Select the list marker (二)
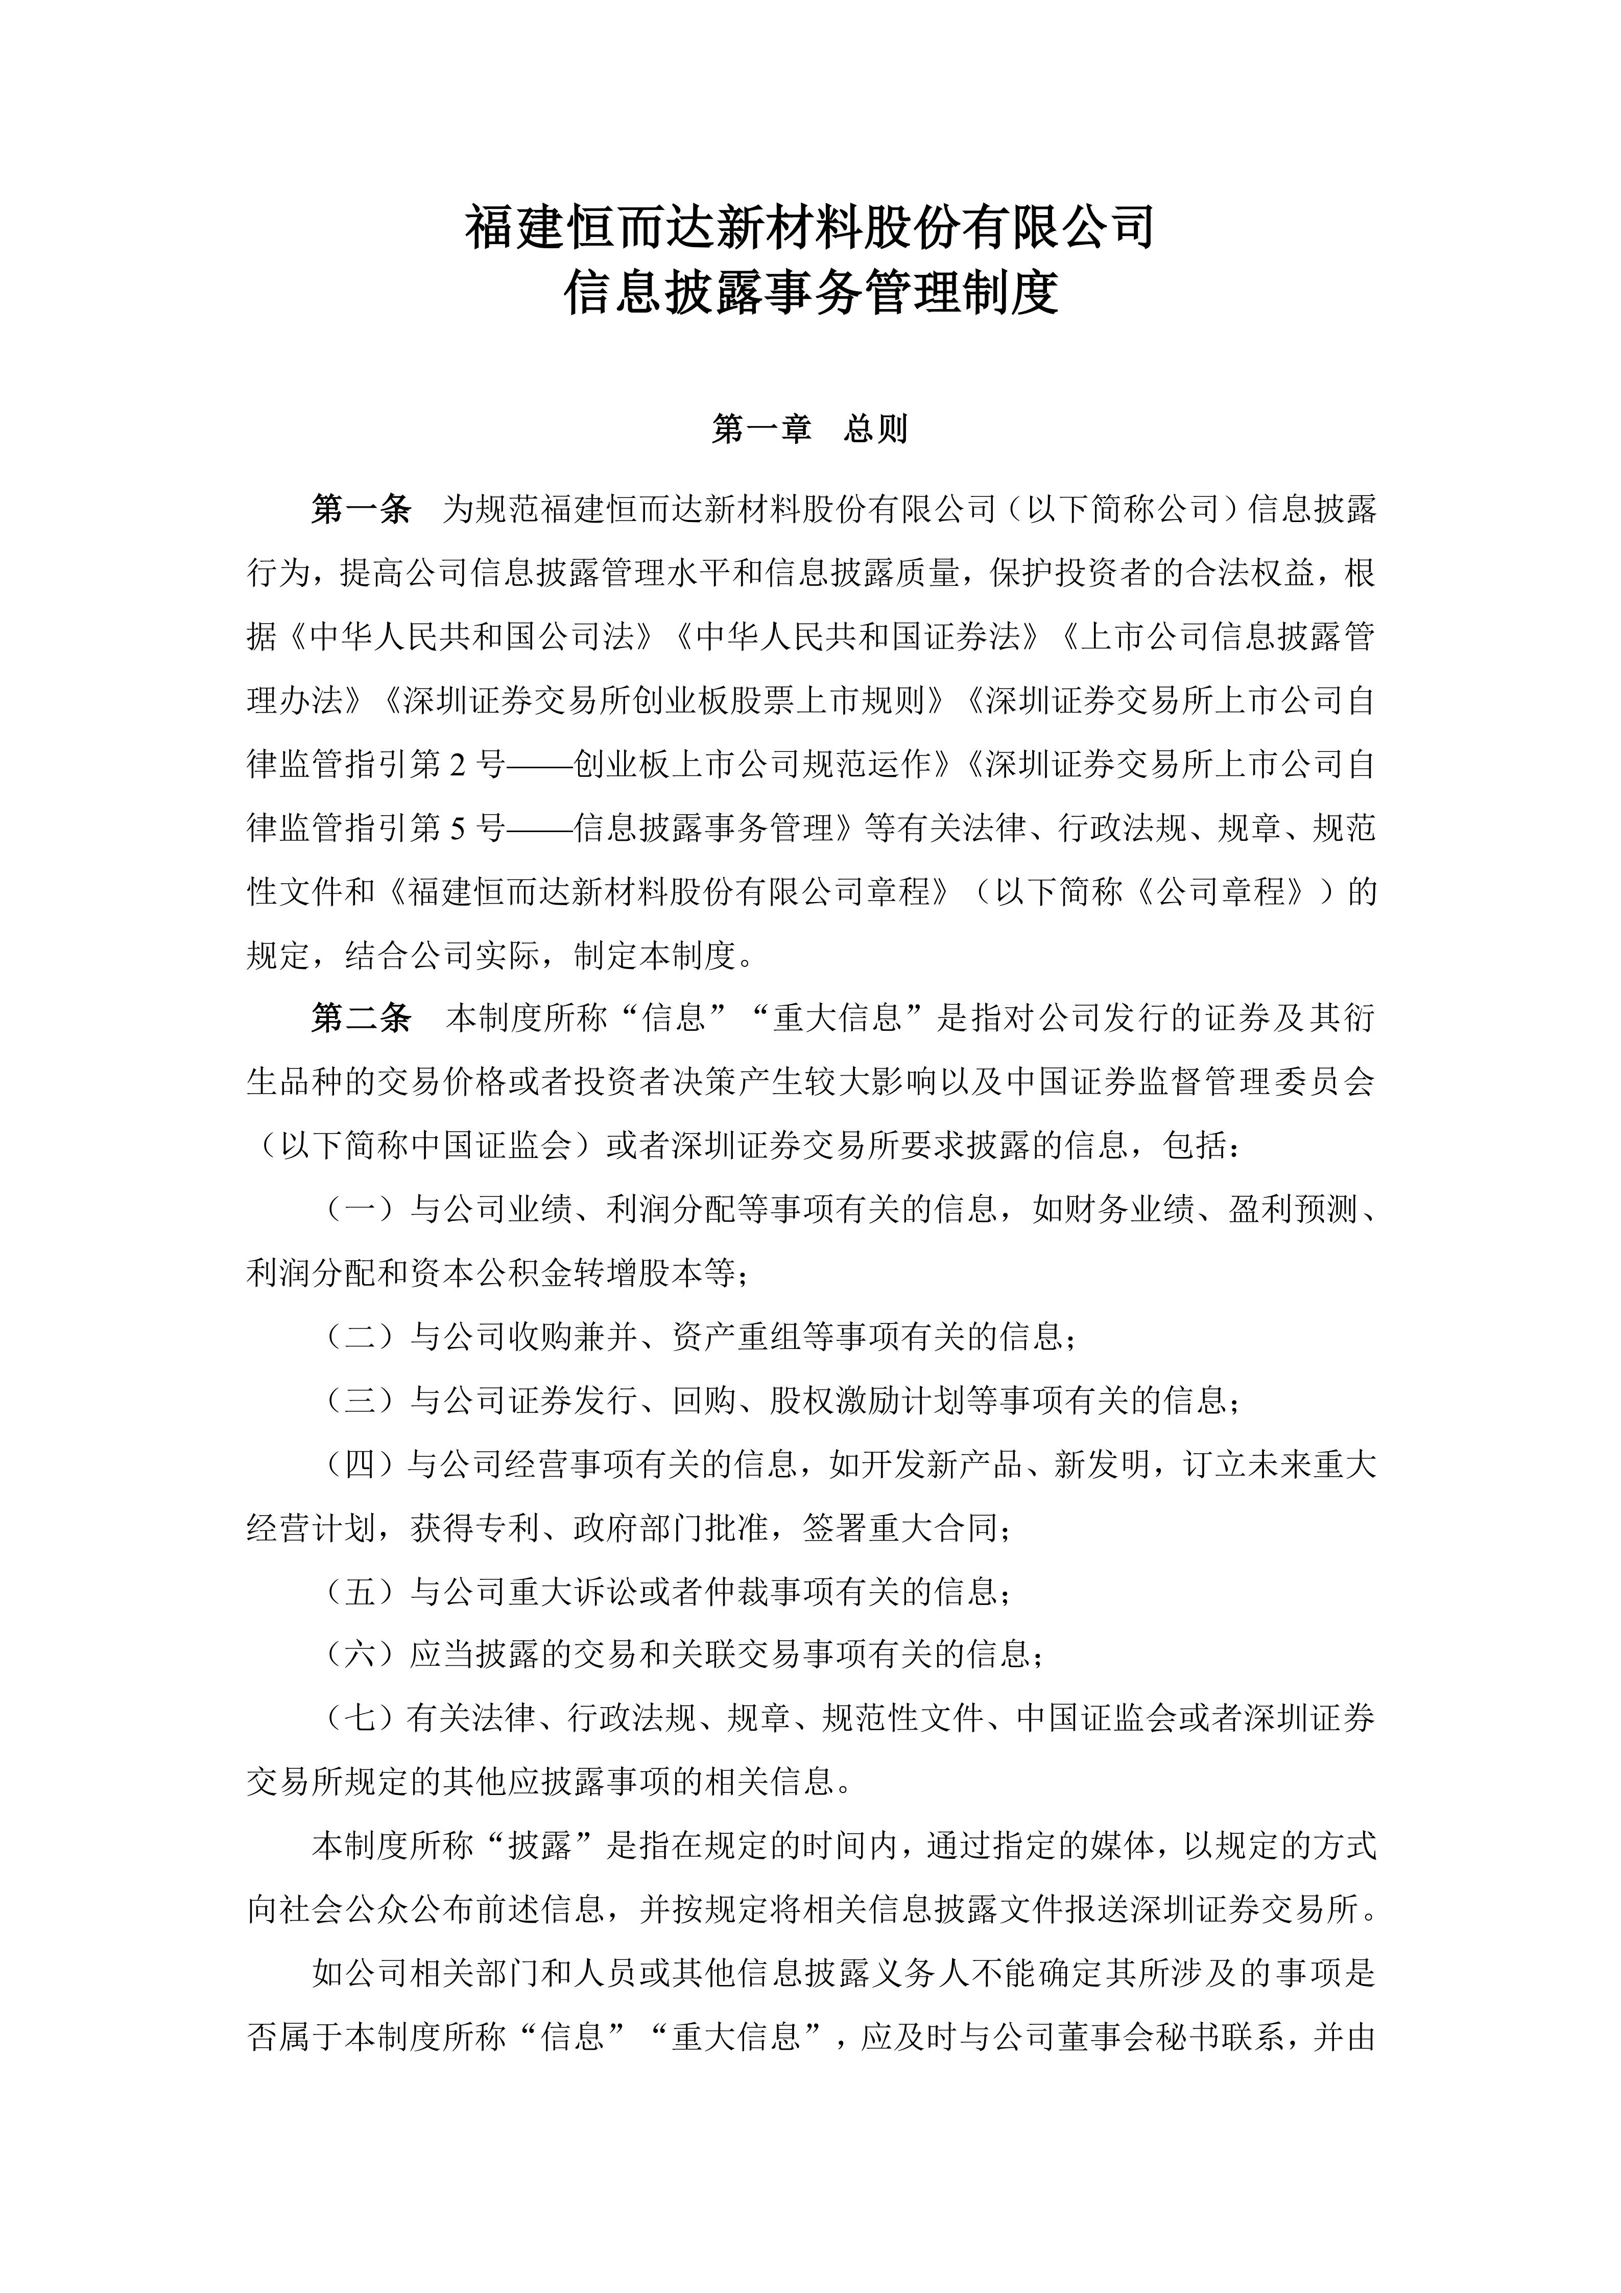click(x=361, y=1336)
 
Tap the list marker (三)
click(x=361, y=1400)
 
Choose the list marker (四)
click(x=361, y=1464)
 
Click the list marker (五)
click(x=361, y=1592)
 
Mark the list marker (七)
click(x=361, y=1719)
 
